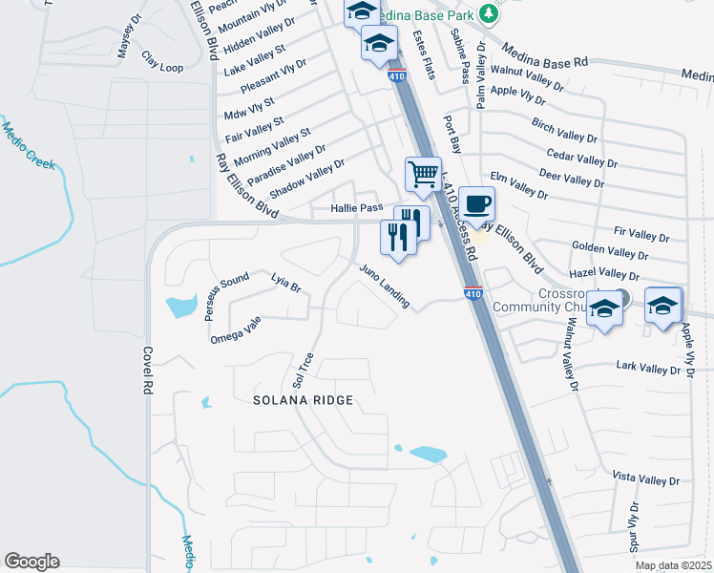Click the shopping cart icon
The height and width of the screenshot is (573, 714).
[x=422, y=175]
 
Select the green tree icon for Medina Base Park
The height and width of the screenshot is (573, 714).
[x=489, y=13]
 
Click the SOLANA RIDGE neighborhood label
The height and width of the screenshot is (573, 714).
[x=304, y=400]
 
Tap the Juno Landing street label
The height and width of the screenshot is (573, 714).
[x=385, y=286]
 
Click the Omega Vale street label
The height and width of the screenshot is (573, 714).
[x=235, y=330]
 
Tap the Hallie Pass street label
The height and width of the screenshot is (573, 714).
[x=356, y=207]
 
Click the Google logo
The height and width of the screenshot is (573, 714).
[x=31, y=562]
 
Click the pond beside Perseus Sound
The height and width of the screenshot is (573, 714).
[x=178, y=307]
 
